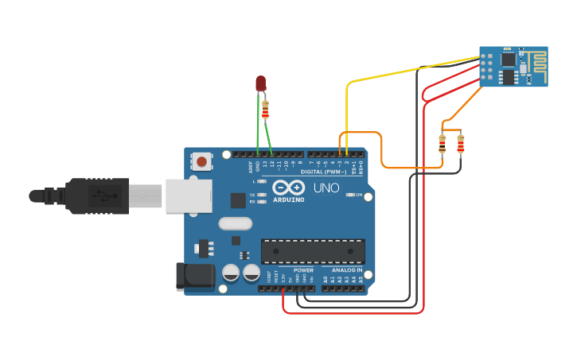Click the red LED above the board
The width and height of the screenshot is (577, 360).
260,83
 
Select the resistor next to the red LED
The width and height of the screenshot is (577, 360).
265,109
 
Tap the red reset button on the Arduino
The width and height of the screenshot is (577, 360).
202,161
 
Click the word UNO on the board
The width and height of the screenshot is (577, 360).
326,188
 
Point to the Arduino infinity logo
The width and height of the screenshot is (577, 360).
288,188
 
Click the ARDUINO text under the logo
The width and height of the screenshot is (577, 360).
288,199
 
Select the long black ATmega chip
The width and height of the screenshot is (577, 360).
313,251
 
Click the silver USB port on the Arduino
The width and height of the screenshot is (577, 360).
189,195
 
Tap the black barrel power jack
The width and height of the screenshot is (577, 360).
195,276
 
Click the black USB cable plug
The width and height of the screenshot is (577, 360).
96,196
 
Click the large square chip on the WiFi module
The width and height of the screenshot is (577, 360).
508,77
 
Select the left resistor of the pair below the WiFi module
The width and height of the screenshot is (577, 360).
442,144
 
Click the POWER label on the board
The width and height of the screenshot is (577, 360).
304,270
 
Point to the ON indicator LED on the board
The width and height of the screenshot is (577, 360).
350,195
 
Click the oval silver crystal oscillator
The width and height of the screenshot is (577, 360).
234,224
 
